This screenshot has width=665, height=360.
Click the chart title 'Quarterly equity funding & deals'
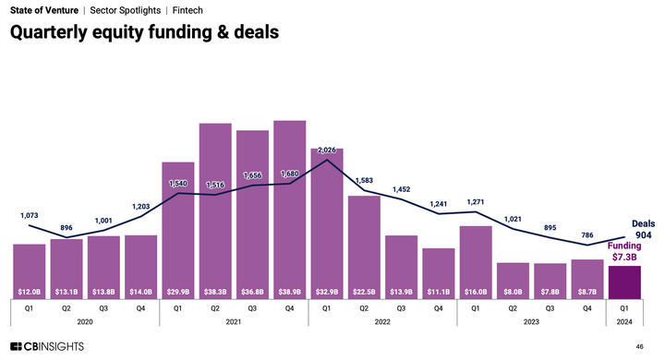[x=144, y=32]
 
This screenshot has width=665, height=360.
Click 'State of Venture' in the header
[x=44, y=9]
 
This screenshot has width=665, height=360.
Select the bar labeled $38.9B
[x=289, y=208]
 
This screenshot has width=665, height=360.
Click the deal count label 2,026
[x=326, y=150]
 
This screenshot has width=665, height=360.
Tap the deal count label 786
[x=586, y=235]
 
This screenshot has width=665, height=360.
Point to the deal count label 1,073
[x=30, y=215]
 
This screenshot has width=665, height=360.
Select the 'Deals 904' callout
[x=644, y=229]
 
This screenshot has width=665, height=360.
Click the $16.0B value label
[x=475, y=292]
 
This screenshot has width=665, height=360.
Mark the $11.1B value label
[x=438, y=292]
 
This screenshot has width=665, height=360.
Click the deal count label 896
[x=67, y=227]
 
